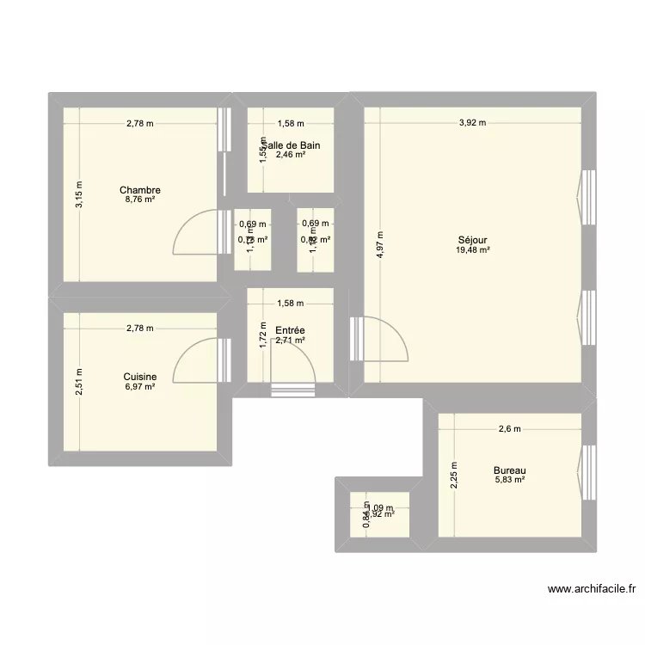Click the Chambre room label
click(140, 190)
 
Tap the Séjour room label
click(473, 240)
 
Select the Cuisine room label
click(139, 377)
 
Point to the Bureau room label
click(510, 470)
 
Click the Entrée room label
click(289, 330)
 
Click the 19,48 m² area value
click(473, 250)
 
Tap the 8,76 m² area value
click(140, 200)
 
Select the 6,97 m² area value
click(139, 387)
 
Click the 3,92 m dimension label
click(471, 123)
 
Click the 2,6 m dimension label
click(509, 428)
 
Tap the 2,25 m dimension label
click(455, 476)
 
